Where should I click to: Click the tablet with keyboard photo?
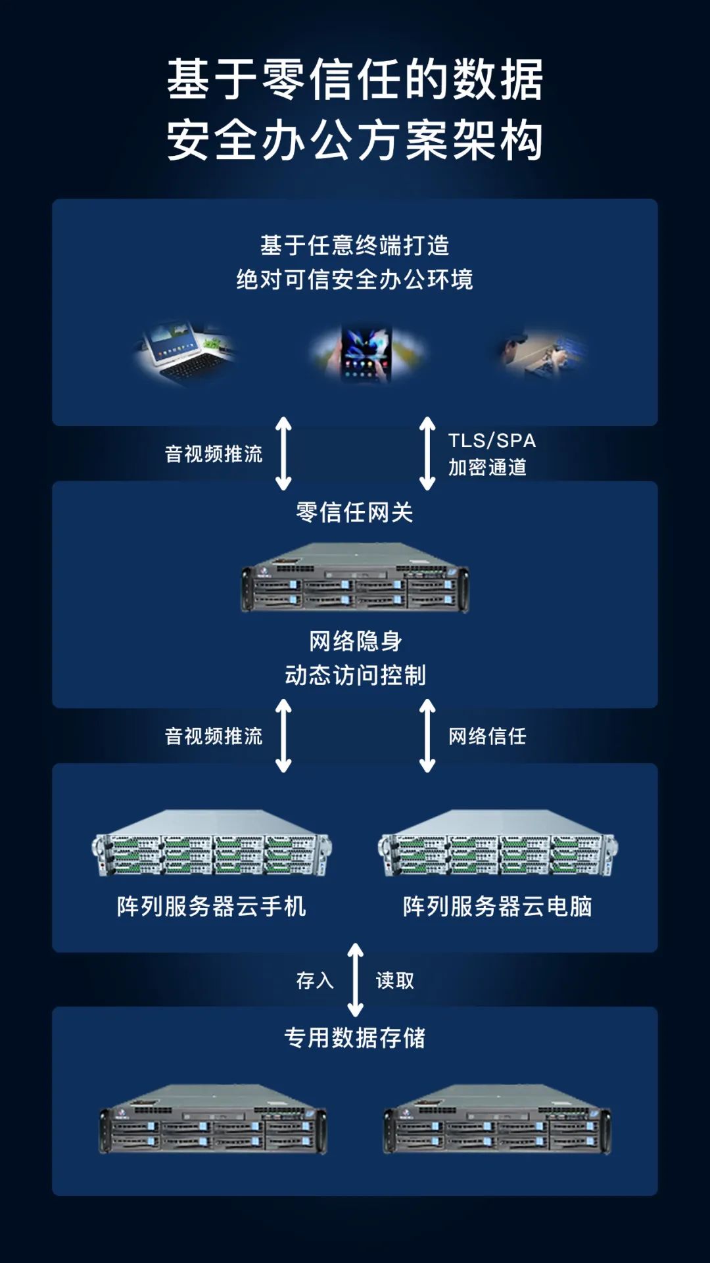tap(185, 354)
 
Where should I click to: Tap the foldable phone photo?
tap(366, 354)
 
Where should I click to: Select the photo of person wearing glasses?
tap(541, 354)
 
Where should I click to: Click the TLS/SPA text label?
tap(492, 441)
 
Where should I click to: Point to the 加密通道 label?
tap(487, 467)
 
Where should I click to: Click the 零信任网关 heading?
tap(354, 512)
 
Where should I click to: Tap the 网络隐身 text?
tap(355, 641)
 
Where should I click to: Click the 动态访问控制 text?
tap(355, 675)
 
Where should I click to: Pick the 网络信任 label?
tap(487, 736)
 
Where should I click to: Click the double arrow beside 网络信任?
tap(427, 736)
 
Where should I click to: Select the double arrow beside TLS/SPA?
tap(427, 454)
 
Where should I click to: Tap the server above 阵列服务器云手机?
tap(212, 844)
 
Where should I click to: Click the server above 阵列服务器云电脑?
tap(498, 844)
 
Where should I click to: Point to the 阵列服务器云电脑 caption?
tap(498, 907)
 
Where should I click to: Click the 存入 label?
tap(315, 981)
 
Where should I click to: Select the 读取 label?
tap(395, 981)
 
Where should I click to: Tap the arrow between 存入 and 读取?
tap(355, 980)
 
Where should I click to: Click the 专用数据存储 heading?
tap(354, 1038)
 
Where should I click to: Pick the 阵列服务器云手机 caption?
tap(212, 907)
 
